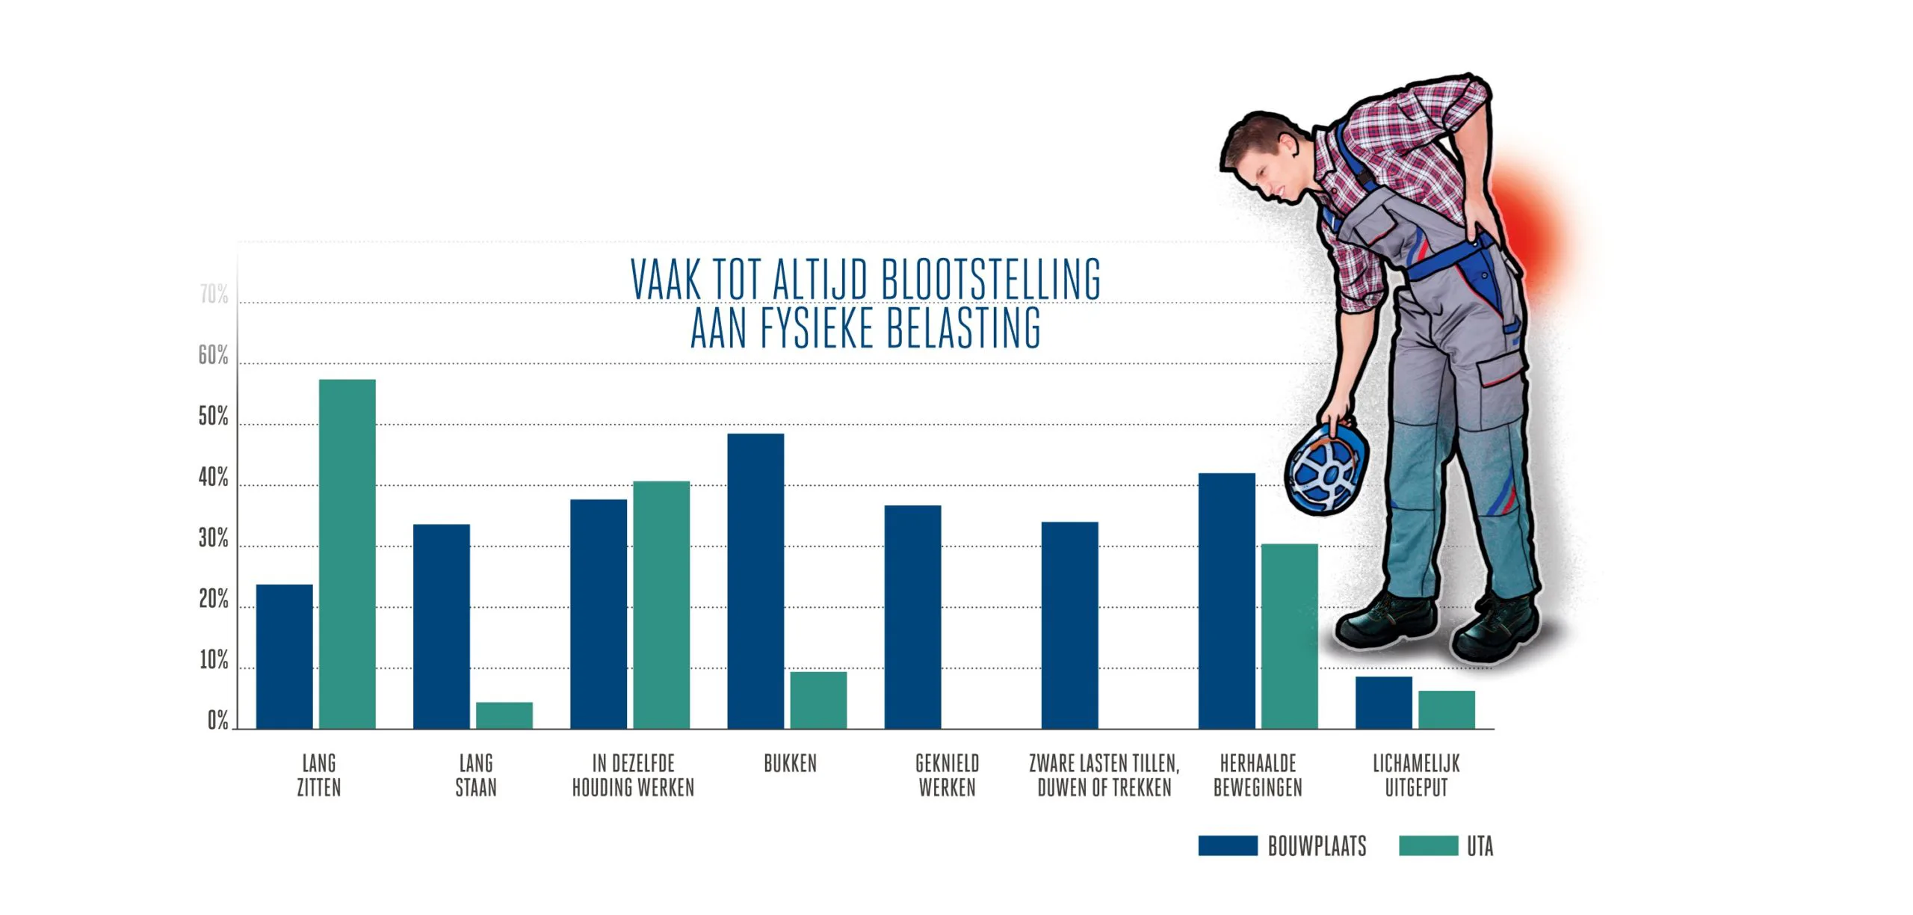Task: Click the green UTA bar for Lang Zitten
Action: point(347,553)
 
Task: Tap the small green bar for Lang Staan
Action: point(504,715)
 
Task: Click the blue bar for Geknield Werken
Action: point(912,617)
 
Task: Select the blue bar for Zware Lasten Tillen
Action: point(1069,625)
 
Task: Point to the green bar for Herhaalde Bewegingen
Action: point(1289,635)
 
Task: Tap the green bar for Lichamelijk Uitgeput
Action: point(1447,709)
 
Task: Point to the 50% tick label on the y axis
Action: point(214,417)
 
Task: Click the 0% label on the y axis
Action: point(217,721)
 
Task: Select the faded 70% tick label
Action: point(214,295)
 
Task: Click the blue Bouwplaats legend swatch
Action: point(1228,845)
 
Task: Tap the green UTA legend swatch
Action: point(1428,845)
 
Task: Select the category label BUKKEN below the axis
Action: point(790,763)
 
